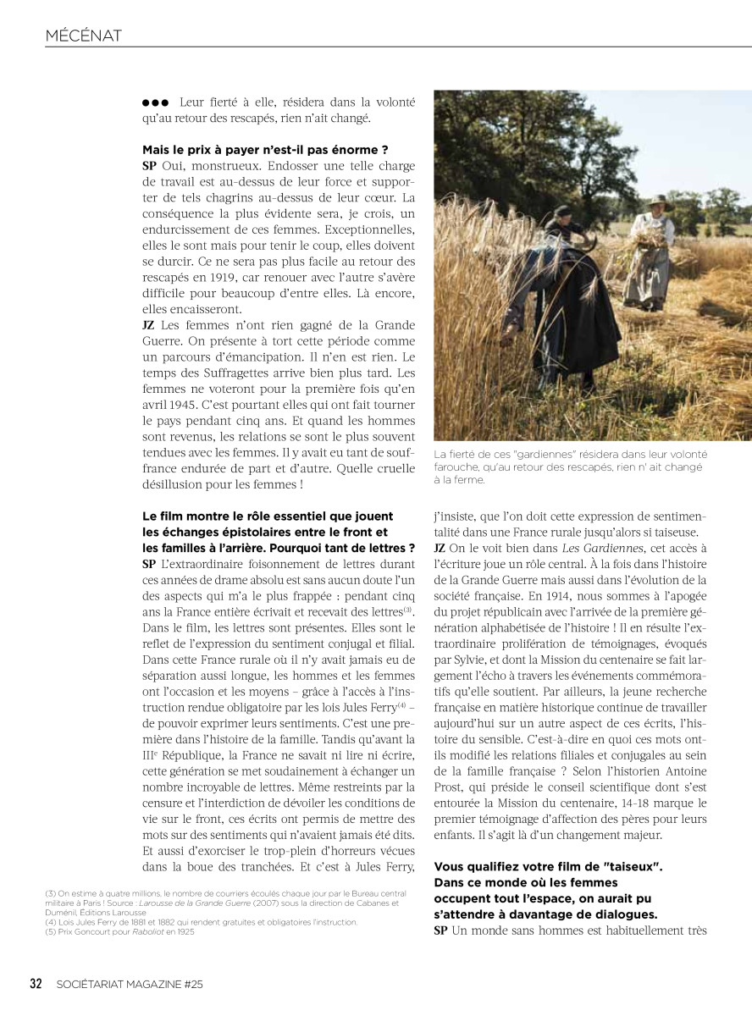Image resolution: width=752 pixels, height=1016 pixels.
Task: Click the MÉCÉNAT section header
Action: coord(84,35)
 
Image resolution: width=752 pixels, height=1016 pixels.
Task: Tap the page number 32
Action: coord(36,984)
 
